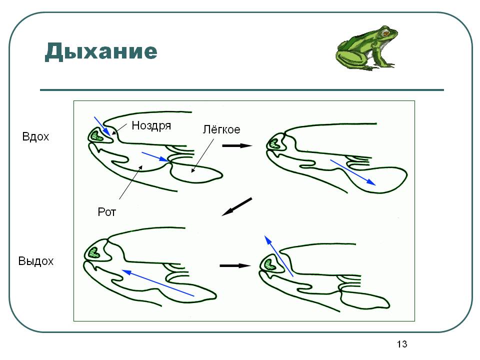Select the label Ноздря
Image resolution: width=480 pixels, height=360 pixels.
click(151, 126)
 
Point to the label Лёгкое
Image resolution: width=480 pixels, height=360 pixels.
click(221, 130)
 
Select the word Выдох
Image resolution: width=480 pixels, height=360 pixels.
click(35, 261)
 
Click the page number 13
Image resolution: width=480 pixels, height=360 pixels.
click(402, 344)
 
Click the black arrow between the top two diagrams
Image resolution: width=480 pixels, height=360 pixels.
click(236, 146)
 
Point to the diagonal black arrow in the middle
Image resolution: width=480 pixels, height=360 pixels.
click(237, 206)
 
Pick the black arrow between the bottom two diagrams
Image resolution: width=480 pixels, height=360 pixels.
click(234, 265)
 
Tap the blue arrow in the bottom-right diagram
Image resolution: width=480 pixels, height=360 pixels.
click(278, 254)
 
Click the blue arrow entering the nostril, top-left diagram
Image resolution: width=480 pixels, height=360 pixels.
click(102, 125)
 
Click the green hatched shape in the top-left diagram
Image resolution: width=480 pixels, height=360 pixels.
click(96, 135)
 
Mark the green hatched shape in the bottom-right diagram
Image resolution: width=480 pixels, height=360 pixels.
click(270, 263)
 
